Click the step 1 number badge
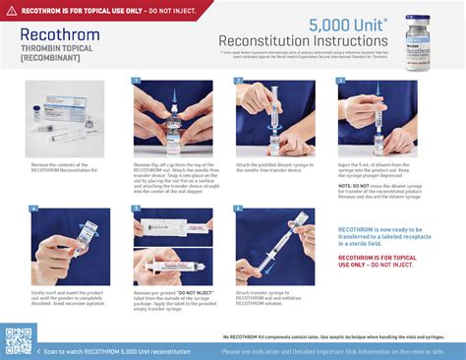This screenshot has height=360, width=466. tap(137, 82)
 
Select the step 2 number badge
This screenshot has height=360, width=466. tap(239, 82)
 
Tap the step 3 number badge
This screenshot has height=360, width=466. tap(341, 82)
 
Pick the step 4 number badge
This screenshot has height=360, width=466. tap(34, 208)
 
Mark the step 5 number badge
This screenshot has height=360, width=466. tap(137, 208)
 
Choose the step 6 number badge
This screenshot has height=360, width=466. tap(239, 208)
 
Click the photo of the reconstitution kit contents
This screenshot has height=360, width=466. tap(70, 119)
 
